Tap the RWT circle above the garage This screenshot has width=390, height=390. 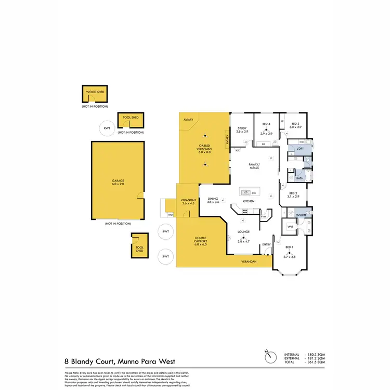tap(107, 128)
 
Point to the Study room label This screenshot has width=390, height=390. tap(242, 128)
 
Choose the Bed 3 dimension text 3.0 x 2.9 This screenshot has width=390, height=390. tap(296, 127)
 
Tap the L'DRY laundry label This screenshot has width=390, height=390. tap(300, 149)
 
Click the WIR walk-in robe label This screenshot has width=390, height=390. tap(291, 227)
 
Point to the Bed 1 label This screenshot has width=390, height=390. tap(289, 247)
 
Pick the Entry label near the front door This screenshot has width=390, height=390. tap(266, 244)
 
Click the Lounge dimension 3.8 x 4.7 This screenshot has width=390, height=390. tap(244, 242)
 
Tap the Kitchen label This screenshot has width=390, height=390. tap(248, 201)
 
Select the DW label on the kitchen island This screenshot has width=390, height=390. tap(253, 191)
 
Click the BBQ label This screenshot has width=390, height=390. tap(170, 214)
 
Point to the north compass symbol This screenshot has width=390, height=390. tap(269, 358)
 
